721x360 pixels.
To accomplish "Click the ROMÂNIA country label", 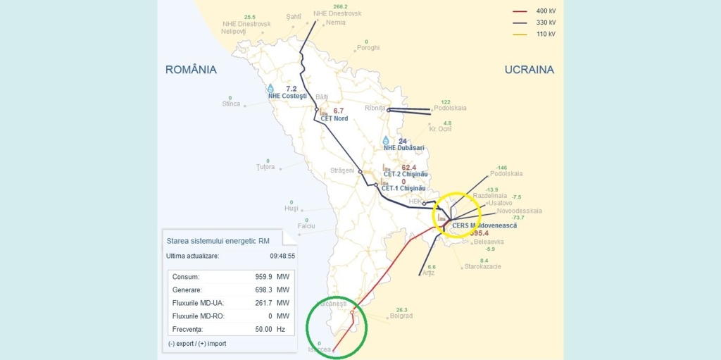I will tap(191, 70).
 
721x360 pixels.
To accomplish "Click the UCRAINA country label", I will tap(529, 70).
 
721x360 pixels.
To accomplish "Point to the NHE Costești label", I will tap(287, 96).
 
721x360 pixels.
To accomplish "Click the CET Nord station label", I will tap(334, 118).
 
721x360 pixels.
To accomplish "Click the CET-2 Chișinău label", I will tap(404, 174).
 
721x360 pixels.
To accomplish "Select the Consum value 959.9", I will tap(263, 277).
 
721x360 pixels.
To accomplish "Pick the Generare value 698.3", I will tap(263, 290).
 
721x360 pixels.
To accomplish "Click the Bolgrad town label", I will tap(401, 316).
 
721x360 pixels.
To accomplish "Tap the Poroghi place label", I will tap(368, 48).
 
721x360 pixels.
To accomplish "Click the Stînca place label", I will tap(231, 104).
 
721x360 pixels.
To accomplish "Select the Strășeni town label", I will tap(343, 171).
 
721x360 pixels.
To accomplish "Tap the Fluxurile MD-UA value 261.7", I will tap(263, 303).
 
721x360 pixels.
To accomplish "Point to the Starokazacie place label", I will tap(482, 267).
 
